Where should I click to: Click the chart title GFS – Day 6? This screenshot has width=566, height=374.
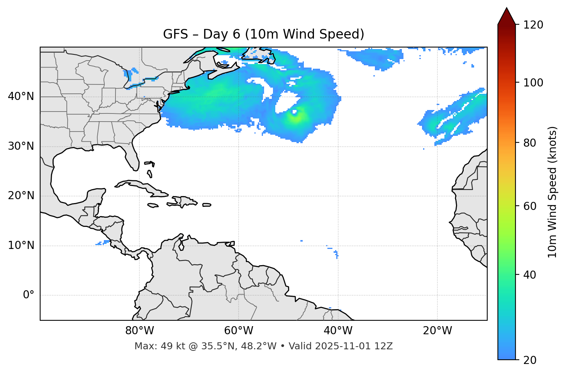pyautogui.click(x=263, y=34)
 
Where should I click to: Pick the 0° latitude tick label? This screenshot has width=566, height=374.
pyautogui.click(x=29, y=295)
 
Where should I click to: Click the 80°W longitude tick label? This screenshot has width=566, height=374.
pyautogui.click(x=139, y=331)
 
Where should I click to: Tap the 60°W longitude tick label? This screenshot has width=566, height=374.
pyautogui.click(x=239, y=331)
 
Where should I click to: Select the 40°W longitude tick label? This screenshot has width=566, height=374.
pyautogui.click(x=338, y=331)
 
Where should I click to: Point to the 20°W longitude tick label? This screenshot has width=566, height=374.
pyautogui.click(x=437, y=331)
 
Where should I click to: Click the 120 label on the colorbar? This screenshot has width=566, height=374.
pyautogui.click(x=533, y=25)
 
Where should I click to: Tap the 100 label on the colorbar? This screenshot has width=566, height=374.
pyautogui.click(x=533, y=83)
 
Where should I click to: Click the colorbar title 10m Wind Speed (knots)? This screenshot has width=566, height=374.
pyautogui.click(x=552, y=192)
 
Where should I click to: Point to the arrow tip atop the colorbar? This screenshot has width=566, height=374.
pyautogui.click(x=507, y=8)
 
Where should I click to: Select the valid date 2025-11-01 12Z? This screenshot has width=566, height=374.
pyautogui.click(x=354, y=346)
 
